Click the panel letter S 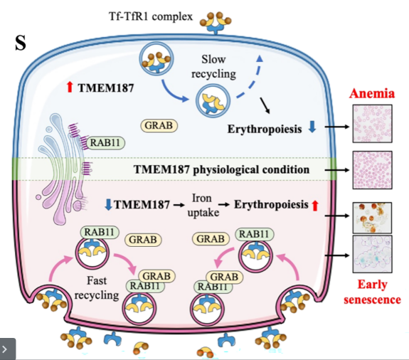[21, 43]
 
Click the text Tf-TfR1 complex [151, 16]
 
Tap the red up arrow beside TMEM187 [70, 87]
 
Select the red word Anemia [372, 93]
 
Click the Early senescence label [372, 292]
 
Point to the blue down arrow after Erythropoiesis [312, 127]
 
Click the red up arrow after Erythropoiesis [315, 206]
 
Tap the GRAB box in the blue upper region [159, 125]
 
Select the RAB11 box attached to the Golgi [105, 143]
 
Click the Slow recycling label [213, 67]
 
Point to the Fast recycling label [97, 288]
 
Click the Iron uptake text [203, 206]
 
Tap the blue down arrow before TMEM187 [108, 204]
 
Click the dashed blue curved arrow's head [260, 58]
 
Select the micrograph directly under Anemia [372, 124]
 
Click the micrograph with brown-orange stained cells [372, 218]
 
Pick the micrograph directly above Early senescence [372, 254]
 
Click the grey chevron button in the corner [8, 349]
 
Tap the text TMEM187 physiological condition [221, 170]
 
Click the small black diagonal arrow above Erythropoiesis [265, 105]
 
